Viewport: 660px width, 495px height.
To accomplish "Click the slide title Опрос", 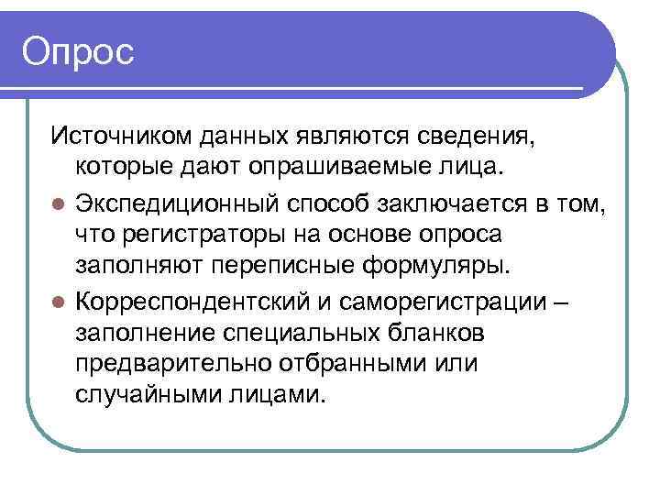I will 79,51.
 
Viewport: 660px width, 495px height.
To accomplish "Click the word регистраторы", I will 199,236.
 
